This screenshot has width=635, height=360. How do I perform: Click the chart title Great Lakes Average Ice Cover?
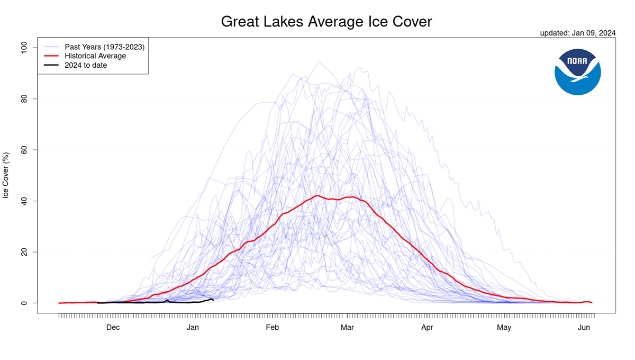point(326,22)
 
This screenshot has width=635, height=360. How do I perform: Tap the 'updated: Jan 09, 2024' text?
point(577,33)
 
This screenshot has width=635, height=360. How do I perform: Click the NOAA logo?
point(577,72)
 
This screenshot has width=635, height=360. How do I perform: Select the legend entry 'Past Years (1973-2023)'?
point(104,47)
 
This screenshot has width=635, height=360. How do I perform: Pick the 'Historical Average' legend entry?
point(95,56)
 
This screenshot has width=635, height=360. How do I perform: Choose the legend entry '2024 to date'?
point(86,65)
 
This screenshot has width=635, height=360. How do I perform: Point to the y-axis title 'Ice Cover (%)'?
point(6,175)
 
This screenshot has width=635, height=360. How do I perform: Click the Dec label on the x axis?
point(113,328)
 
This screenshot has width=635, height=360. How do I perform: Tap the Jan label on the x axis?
point(193,328)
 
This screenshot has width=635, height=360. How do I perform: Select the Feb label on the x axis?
point(272,328)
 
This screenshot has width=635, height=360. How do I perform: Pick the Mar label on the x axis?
point(347,328)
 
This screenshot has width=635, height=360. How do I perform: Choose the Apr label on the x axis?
point(427,328)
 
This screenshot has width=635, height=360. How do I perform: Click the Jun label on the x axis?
point(584,328)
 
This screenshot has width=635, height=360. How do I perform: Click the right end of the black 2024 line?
point(213,300)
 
